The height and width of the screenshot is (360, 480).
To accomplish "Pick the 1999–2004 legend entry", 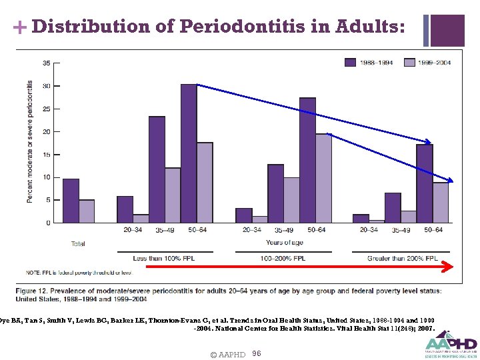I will pyautogui.click(x=426, y=62).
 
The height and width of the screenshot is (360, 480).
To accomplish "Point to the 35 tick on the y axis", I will pyautogui.click(x=46, y=63).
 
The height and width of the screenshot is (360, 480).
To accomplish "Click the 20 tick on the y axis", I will pyautogui.click(x=46, y=132).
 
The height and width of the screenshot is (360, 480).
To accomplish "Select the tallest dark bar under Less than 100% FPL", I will pyautogui.click(x=189, y=153).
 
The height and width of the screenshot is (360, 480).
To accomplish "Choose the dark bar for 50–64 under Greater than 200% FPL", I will pyautogui.click(x=425, y=183).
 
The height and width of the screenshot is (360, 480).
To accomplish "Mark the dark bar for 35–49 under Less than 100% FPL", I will pyautogui.click(x=157, y=169).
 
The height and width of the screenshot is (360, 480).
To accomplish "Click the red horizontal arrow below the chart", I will pyautogui.click(x=300, y=266).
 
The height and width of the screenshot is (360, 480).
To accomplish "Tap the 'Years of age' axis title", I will pyautogui.click(x=284, y=242).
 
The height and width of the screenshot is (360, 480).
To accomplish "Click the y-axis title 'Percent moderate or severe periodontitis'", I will pyautogui.click(x=30, y=142).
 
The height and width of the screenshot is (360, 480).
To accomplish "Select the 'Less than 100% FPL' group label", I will pyautogui.click(x=165, y=258).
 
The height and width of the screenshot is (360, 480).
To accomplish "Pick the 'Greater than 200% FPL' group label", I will pyautogui.click(x=402, y=258).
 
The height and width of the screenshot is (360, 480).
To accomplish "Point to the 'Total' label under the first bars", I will pyautogui.click(x=78, y=244).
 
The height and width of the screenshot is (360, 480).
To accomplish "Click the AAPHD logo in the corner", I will pyautogui.click(x=451, y=343).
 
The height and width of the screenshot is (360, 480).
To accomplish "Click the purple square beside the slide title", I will pyautogui.click(x=448, y=31).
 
